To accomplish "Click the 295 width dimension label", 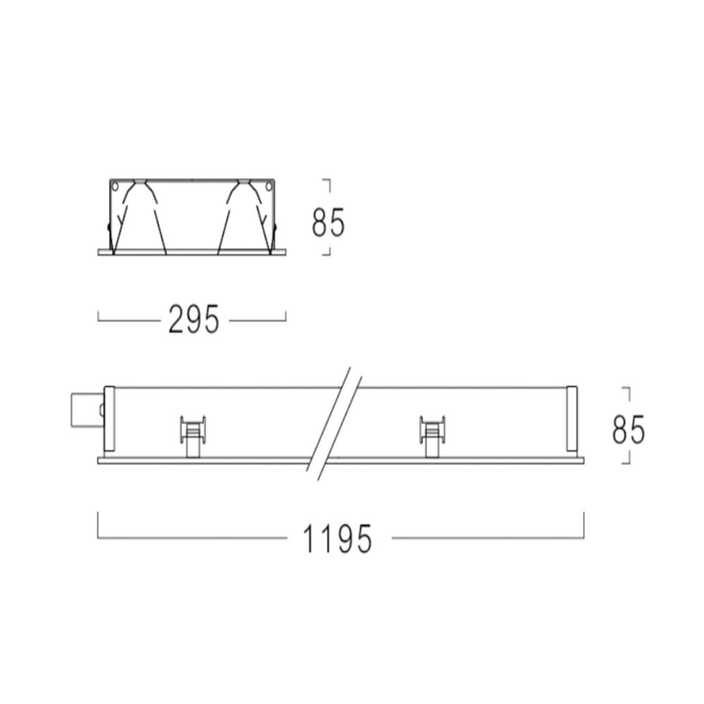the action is click(x=194, y=319).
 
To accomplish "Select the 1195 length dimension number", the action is click(x=338, y=539).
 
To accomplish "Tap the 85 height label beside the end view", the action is click(x=328, y=222).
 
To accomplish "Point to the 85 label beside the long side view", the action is click(x=628, y=429).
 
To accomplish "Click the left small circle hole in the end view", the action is click(x=115, y=186).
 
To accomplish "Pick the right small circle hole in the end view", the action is click(x=268, y=186).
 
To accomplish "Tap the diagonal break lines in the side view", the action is click(x=334, y=424).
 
